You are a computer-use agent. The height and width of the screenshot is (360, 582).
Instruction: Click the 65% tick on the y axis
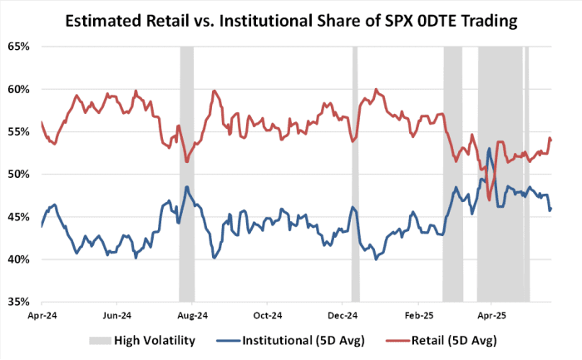18,47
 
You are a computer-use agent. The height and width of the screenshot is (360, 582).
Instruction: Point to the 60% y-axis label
18,89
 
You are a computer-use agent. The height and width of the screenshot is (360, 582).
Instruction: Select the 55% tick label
18,131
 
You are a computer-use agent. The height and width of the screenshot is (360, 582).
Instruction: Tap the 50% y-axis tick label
18,174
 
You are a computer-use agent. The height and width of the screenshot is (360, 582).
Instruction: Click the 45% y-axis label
18,216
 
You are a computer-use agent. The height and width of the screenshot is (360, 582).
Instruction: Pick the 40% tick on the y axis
18,259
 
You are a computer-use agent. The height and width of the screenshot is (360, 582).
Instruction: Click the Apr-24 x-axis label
42,316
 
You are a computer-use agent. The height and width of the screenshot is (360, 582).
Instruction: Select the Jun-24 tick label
117,316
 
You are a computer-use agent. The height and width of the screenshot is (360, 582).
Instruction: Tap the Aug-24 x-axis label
193,316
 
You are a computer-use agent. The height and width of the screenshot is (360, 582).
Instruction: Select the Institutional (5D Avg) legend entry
303,340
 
